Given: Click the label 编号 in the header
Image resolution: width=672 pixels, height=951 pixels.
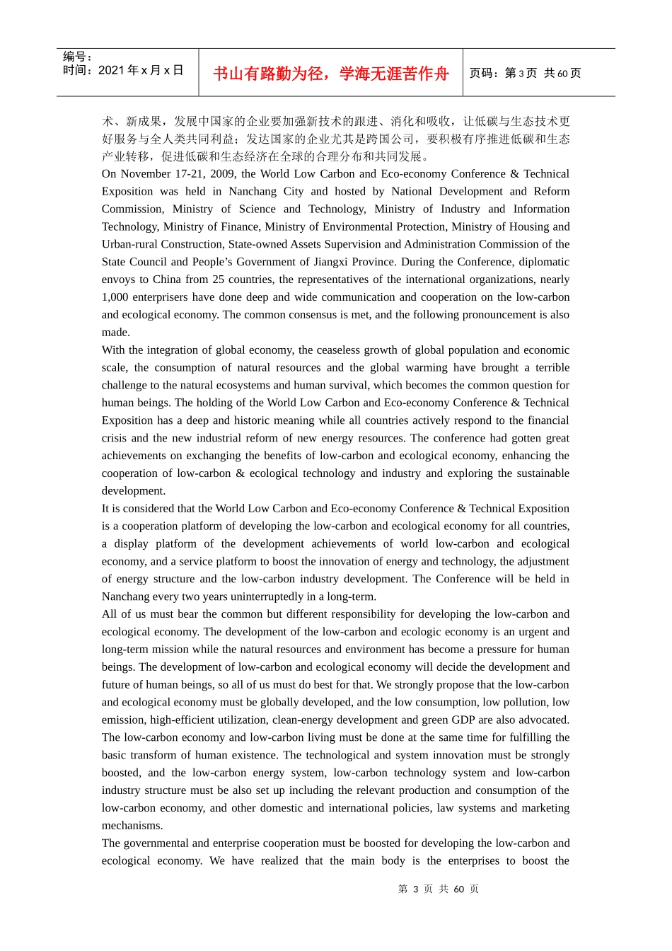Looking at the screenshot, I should [x=74, y=57].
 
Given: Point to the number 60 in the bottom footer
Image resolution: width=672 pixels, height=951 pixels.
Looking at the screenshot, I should [x=458, y=889].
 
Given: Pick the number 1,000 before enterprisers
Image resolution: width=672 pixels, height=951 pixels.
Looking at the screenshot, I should [x=114, y=297].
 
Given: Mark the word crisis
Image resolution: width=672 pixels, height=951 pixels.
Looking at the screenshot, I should [x=114, y=438].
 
